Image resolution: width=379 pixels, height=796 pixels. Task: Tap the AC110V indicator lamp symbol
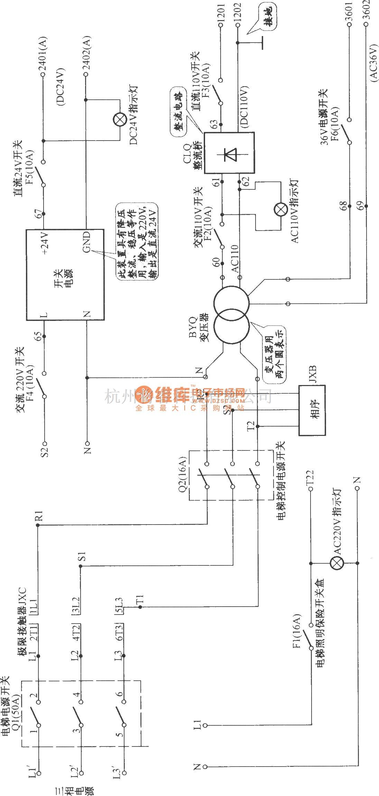[280, 209]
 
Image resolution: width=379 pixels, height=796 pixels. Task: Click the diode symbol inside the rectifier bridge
[229, 153]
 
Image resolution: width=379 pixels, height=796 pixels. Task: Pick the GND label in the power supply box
[86, 242]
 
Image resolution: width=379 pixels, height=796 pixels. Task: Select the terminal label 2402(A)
[86, 55]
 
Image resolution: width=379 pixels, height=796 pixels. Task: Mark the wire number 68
[343, 206]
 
